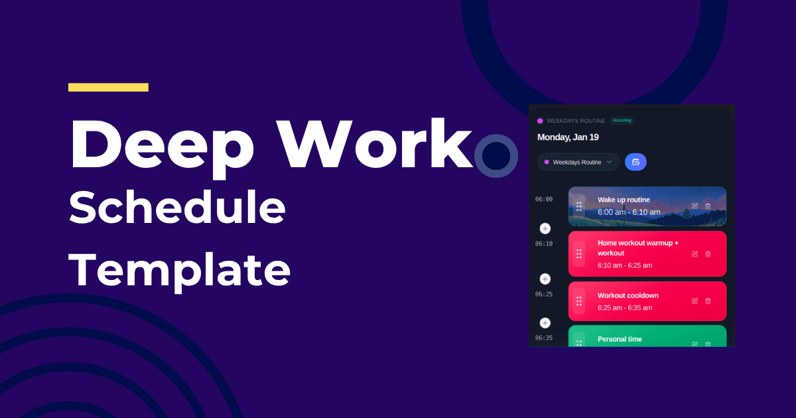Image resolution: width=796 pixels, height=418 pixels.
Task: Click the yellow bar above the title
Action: [108, 87]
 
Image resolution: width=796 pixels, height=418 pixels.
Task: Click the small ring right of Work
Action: [496, 156]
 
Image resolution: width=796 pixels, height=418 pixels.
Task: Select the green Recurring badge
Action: [622, 121]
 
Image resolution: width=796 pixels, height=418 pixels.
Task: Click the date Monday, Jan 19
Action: [568, 137]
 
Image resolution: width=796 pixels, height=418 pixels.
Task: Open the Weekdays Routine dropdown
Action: [578, 162]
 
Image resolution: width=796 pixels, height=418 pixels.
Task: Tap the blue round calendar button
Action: [635, 162]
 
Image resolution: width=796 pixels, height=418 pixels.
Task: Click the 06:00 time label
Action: [544, 199]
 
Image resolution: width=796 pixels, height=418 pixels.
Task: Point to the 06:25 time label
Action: [544, 294]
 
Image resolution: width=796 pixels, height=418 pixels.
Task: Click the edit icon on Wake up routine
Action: [695, 206]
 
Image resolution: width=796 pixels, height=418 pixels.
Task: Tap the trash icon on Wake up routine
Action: [708, 206]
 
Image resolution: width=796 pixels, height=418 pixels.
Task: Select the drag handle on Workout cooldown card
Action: [579, 301]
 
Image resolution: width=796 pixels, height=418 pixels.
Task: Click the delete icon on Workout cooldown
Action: [708, 301]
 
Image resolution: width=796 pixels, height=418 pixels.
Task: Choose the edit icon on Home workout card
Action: [695, 254]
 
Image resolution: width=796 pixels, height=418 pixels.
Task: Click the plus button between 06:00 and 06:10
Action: [545, 228]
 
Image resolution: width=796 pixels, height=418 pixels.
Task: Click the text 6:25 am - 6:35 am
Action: [625, 308]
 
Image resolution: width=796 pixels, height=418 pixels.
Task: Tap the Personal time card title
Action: [620, 339]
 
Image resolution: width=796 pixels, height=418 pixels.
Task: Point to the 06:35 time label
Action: [544, 338]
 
